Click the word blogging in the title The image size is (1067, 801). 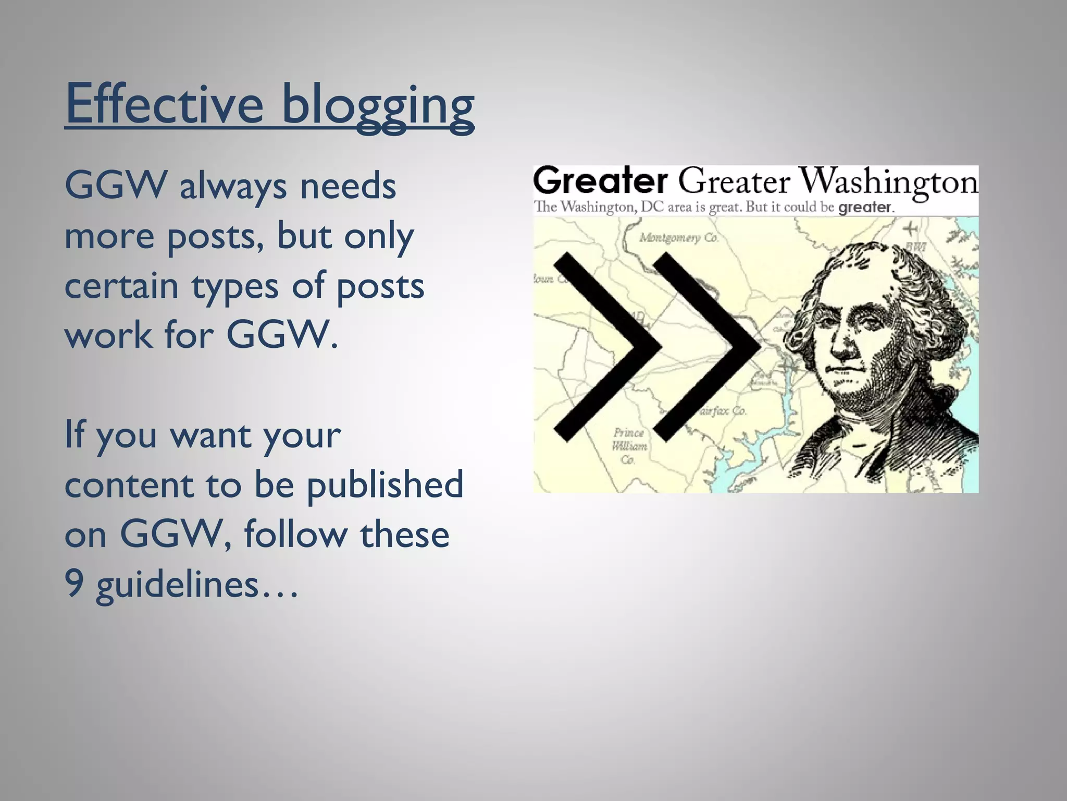(x=378, y=107)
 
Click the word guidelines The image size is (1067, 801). (x=177, y=585)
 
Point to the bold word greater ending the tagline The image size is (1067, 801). (x=865, y=208)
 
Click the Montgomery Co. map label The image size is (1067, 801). (x=678, y=238)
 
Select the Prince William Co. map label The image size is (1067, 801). (x=629, y=446)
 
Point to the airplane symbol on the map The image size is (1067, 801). (x=910, y=229)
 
